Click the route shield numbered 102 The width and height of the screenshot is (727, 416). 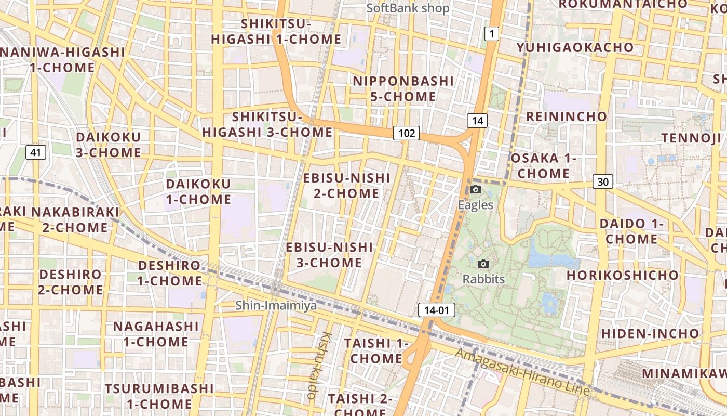tap(406, 133)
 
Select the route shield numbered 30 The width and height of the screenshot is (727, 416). tap(602, 181)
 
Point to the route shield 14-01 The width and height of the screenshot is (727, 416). tap(436, 310)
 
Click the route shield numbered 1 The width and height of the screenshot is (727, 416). tap(491, 34)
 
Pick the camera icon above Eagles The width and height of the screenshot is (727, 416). tap(475, 190)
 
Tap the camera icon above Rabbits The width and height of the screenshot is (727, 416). tap(483, 264)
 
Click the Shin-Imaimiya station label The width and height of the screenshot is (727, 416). tap(276, 305)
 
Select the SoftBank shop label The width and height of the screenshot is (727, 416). tap(408, 8)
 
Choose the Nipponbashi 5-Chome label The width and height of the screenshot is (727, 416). tap(403, 89)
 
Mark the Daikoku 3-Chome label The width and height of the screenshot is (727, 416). tap(108, 145)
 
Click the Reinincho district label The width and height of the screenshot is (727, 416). tap(567, 116)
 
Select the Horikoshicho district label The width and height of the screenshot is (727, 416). tap(622, 275)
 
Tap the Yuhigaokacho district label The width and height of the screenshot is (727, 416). tap(575, 47)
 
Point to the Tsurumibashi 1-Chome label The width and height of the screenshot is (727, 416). tap(159, 396)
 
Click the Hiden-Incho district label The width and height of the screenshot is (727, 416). tap(650, 333)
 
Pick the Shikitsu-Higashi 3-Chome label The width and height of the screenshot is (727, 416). tap(267, 124)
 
